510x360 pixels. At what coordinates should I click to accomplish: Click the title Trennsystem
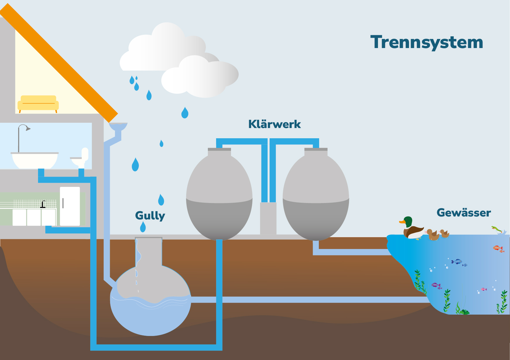(x=427, y=42)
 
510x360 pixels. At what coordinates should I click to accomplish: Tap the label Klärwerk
(x=274, y=124)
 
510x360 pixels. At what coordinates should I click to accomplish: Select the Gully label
(x=150, y=216)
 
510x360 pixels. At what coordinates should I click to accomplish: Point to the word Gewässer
(x=464, y=213)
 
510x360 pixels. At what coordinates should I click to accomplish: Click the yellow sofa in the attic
(x=38, y=103)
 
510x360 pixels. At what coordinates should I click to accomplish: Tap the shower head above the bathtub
(x=28, y=128)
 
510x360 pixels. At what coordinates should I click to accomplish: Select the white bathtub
(x=35, y=160)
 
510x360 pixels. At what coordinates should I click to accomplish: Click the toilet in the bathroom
(x=81, y=158)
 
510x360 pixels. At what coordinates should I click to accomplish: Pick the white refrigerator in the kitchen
(x=70, y=206)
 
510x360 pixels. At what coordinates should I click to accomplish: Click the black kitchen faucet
(x=43, y=204)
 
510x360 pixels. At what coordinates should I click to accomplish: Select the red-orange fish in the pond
(x=497, y=248)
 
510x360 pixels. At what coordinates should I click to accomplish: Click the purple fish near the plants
(x=436, y=285)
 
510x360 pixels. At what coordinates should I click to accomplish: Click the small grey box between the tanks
(x=268, y=218)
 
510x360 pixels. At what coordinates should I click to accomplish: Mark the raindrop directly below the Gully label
(x=143, y=227)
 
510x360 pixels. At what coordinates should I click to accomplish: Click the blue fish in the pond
(x=457, y=261)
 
